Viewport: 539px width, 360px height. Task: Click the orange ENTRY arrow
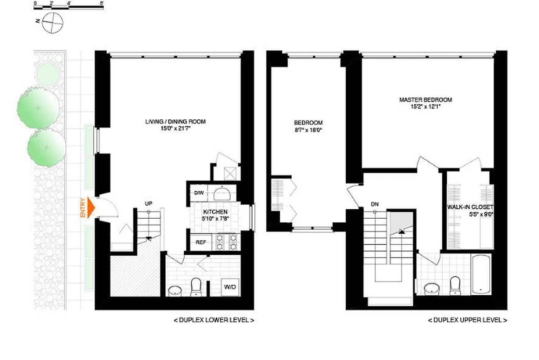tap(91, 208)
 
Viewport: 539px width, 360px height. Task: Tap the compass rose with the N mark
tap(52, 22)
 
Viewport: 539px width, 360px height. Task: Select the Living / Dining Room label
tap(176, 121)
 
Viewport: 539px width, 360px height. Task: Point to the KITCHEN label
tap(215, 211)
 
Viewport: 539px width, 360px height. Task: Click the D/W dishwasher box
tap(199, 193)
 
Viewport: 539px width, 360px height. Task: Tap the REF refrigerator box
tap(200, 243)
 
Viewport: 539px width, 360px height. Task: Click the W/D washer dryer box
tap(230, 287)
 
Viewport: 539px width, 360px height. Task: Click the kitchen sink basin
tap(222, 194)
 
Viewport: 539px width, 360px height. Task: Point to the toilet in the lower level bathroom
tap(196, 286)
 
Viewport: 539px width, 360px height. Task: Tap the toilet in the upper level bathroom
tap(455, 285)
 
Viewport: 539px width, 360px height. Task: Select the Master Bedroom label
tap(426, 100)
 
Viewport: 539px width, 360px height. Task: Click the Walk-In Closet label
tap(470, 207)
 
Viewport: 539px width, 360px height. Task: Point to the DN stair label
tap(375, 204)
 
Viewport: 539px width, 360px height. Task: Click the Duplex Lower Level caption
tap(214, 320)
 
